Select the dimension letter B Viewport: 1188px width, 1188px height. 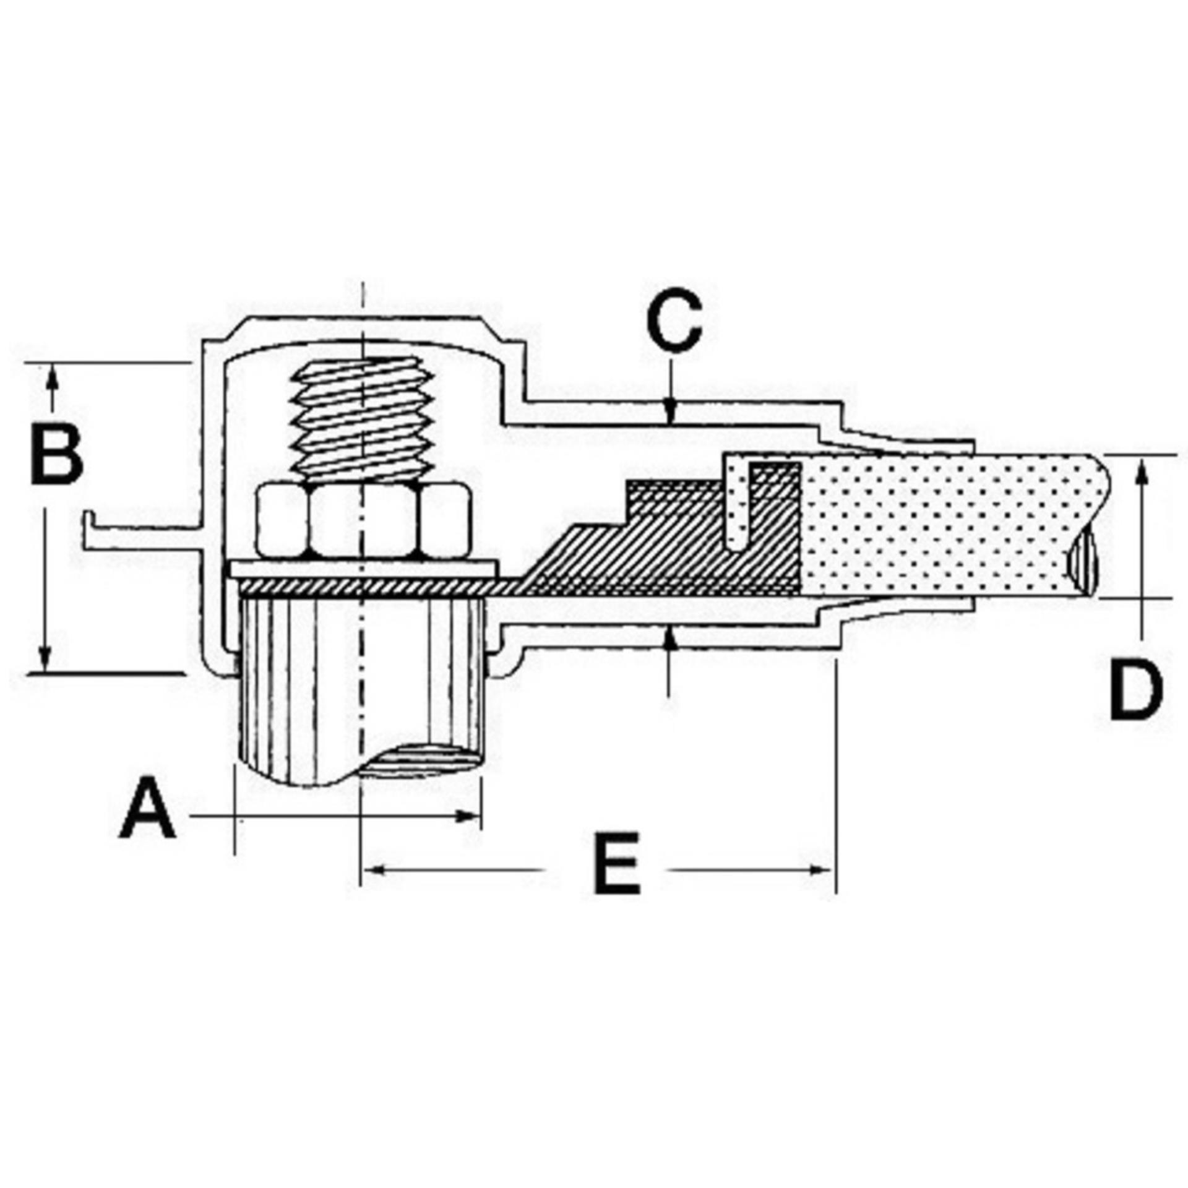(56, 454)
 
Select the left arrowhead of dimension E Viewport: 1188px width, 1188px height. (374, 870)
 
